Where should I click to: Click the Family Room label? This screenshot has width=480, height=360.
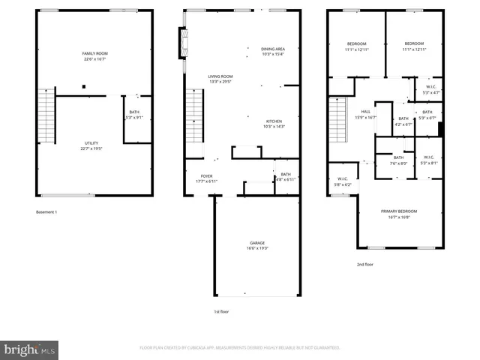pos(95,56)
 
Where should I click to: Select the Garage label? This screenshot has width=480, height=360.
pos(257,245)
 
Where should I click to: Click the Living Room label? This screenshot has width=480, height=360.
pos(220,79)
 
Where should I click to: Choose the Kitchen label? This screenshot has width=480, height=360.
pos(274,124)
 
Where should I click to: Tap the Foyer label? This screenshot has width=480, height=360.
pos(205,179)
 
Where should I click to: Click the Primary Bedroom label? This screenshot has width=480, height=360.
pos(399,214)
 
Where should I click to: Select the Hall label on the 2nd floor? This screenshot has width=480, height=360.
pos(366,115)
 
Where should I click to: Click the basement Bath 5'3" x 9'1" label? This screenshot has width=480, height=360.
pos(133,115)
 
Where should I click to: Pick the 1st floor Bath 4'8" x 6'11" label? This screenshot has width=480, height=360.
pos(286,177)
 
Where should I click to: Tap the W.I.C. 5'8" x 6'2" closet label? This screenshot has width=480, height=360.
pos(342,181)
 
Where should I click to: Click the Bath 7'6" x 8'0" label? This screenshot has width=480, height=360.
pos(398,160)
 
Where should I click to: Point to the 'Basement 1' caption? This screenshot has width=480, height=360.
pos(46,212)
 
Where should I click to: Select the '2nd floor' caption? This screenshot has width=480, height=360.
pos(364,264)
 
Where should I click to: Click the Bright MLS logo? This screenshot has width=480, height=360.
pos(30,349)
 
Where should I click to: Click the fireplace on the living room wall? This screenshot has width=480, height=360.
pos(181,43)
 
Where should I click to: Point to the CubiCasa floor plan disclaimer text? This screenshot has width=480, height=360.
pos(240,348)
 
